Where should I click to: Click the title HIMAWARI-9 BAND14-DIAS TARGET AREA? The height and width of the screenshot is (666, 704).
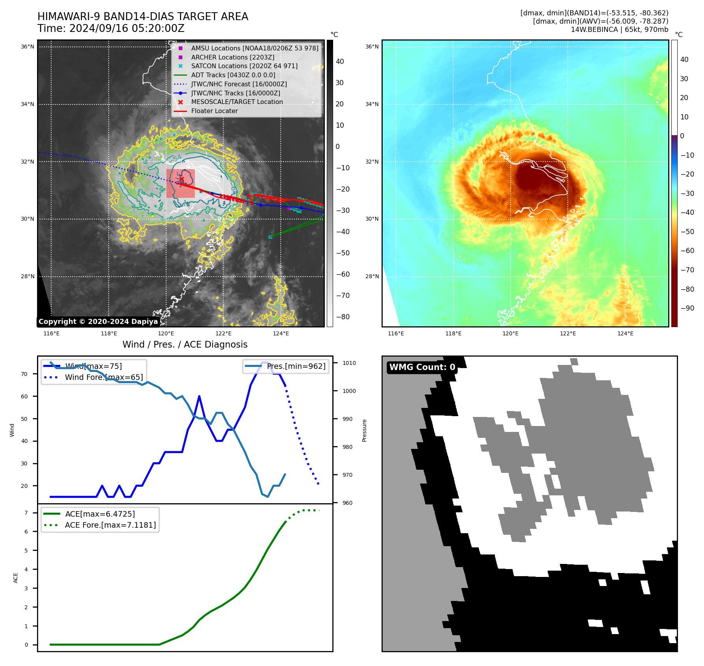point(143,17)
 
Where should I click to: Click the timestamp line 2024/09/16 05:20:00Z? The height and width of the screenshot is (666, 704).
point(111,29)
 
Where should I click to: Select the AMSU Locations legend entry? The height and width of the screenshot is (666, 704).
point(254,48)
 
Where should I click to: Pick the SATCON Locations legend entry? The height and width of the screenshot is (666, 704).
point(244,66)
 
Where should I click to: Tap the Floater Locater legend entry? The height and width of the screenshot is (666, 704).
point(214,111)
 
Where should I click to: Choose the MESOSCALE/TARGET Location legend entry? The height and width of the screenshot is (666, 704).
point(237,102)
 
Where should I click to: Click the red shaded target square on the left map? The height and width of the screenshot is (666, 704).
point(180,183)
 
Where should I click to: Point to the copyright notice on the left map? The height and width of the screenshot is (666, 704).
point(98,322)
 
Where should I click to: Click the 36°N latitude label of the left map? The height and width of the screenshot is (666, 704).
point(28,47)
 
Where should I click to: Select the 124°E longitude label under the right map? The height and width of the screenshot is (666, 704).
point(625,333)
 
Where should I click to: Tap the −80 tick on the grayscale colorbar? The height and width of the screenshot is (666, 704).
point(343,317)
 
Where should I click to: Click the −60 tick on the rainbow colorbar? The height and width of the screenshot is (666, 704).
point(688,251)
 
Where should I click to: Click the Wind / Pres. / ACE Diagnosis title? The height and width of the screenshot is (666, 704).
point(185,344)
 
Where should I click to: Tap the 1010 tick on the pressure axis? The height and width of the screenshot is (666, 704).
point(349,363)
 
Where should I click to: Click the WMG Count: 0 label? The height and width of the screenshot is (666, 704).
point(422,367)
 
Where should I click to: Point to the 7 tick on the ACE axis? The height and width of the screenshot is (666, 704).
point(26,513)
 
